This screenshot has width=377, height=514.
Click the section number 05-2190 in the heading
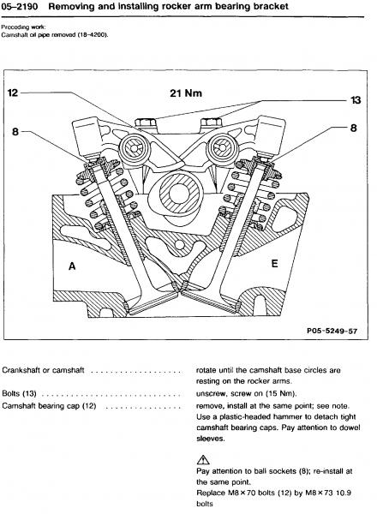tap(20, 6)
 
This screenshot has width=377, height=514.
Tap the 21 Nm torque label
tap(186, 93)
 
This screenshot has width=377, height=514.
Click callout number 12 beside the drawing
tap(13, 93)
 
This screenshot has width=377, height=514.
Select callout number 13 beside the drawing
tap(356, 100)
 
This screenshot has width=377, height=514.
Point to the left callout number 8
tap(15, 132)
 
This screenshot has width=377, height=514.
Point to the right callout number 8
tap(353, 128)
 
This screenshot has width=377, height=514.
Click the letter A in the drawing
tap(72, 266)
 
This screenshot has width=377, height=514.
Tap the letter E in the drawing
tap(275, 263)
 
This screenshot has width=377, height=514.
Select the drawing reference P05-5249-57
tap(332, 331)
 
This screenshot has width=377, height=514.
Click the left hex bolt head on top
tap(145, 123)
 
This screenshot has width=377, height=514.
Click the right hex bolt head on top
tap(211, 123)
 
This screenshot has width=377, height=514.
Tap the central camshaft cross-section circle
tap(179, 193)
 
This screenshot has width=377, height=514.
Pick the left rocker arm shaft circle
tap(134, 148)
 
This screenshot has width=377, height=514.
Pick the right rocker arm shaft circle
tap(222, 147)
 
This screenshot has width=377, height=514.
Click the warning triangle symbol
tap(203, 459)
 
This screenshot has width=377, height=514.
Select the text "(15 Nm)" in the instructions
tap(281, 394)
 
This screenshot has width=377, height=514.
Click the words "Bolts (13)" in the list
tap(19, 393)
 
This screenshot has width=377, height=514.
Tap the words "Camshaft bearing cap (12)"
tap(49, 406)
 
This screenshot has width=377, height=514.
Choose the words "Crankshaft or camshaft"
tap(43, 370)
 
